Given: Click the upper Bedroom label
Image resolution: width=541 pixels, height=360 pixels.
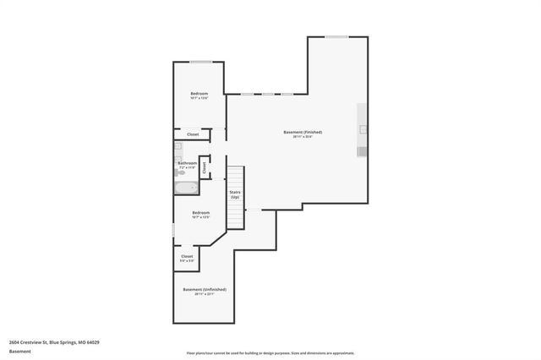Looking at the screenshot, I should (x=199, y=92).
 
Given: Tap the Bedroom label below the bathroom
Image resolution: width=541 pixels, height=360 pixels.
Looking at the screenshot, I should (x=200, y=212).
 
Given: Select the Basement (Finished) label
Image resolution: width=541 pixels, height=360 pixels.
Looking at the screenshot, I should (x=302, y=132).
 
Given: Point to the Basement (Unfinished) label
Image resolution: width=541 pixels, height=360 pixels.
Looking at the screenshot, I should (x=204, y=289).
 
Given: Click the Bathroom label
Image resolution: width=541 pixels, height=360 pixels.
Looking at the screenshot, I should (x=187, y=162).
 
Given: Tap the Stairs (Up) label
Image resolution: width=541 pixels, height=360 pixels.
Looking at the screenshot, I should (x=235, y=194).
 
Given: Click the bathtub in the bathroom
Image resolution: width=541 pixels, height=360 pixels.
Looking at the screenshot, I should (x=186, y=187).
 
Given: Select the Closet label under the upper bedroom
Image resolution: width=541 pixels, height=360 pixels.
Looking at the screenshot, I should (x=193, y=134).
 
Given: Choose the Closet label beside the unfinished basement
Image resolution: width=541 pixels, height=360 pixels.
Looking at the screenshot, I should (x=187, y=256).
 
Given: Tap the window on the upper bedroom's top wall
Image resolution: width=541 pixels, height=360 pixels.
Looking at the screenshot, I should (x=200, y=62).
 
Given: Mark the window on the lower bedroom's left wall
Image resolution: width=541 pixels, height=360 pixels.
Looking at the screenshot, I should (x=173, y=229).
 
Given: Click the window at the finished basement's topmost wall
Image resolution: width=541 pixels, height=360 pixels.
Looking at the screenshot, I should (x=336, y=36).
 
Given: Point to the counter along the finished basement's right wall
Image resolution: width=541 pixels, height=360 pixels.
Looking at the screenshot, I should (x=363, y=130).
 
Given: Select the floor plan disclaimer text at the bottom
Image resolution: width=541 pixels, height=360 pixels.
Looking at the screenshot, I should (x=270, y=353).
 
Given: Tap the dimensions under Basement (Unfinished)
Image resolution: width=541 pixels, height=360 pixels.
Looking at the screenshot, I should (x=204, y=295).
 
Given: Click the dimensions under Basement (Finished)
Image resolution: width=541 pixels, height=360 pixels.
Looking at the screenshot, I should (x=302, y=137).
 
